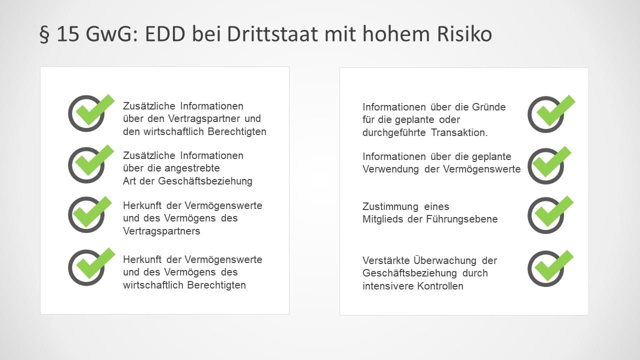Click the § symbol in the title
pyautogui.click(x=44, y=34)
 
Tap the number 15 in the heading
pyautogui.click(x=68, y=34)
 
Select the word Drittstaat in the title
pyautogui.click(x=272, y=34)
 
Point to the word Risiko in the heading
pyautogui.click(x=464, y=34)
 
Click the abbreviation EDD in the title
pyautogui.click(x=165, y=34)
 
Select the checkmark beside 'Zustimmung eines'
pyautogui.click(x=550, y=214)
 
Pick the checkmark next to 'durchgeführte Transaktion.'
pyautogui.click(x=551, y=113)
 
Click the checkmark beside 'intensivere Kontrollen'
pyautogui.click(x=550, y=268)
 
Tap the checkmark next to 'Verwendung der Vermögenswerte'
pyautogui.click(x=549, y=165)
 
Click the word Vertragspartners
pyautogui.click(x=161, y=231)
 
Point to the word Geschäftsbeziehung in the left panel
pyautogui.click(x=205, y=181)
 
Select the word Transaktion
pyautogui.click(x=459, y=132)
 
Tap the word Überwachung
pyautogui.click(x=445, y=260)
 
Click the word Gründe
pyautogui.click(x=489, y=107)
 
